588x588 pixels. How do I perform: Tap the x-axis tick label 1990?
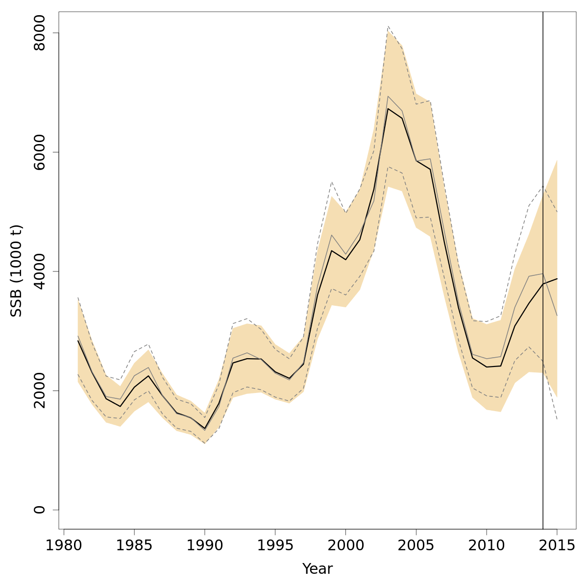(x=205, y=546)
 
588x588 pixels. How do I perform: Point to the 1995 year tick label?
(x=275, y=546)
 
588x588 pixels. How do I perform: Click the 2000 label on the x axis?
(x=345, y=546)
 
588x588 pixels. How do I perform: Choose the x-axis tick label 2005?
(x=416, y=546)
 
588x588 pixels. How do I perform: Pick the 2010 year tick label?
(x=487, y=546)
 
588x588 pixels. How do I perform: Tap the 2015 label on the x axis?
(x=557, y=546)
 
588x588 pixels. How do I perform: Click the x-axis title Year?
(x=318, y=569)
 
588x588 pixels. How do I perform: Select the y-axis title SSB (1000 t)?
(x=17, y=270)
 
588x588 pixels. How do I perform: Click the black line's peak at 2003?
(x=388, y=108)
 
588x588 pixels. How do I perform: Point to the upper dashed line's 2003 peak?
(x=388, y=26)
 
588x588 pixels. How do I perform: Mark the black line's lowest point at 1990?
(x=205, y=429)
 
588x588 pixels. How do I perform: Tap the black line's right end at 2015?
(x=557, y=279)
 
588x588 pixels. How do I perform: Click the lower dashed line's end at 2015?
(x=557, y=419)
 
